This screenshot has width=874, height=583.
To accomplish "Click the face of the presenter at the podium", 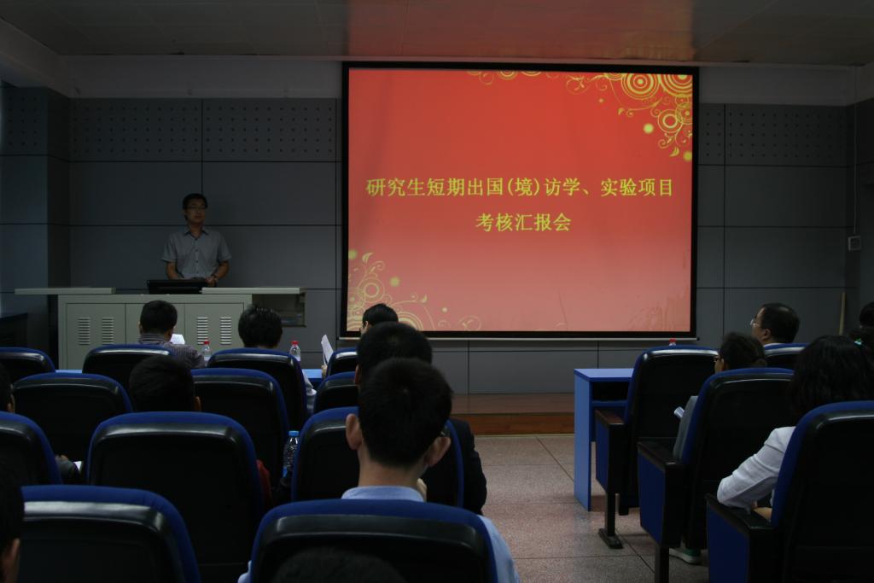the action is coord(195,212).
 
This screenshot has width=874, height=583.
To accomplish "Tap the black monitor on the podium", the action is coord(176,286).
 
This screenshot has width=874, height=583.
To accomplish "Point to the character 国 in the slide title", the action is coord(494,188).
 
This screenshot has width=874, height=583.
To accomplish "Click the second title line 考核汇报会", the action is coord(523,223).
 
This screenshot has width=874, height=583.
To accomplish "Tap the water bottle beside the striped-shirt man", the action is coord(207,351).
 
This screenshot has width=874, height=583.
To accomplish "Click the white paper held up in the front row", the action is coord(327,347).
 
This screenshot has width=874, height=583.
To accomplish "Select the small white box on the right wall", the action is coord(854,243).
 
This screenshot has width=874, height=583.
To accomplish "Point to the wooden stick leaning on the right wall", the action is coord(842,313).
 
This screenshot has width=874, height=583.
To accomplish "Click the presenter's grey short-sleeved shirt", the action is coord(196,253).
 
